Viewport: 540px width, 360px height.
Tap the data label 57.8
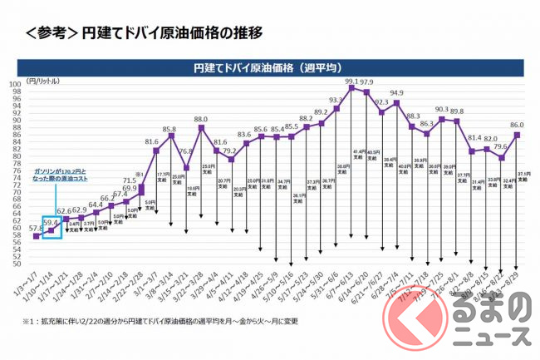(x=37, y=227)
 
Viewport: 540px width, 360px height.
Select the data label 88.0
(x=201, y=120)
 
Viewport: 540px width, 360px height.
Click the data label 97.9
(x=366, y=83)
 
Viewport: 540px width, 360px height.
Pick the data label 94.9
(x=396, y=94)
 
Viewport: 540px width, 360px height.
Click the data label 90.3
(x=442, y=110)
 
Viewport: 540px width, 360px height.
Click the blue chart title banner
(x=269, y=66)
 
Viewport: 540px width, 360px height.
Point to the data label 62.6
(x=66, y=211)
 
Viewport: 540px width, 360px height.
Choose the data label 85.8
(x=169, y=130)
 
